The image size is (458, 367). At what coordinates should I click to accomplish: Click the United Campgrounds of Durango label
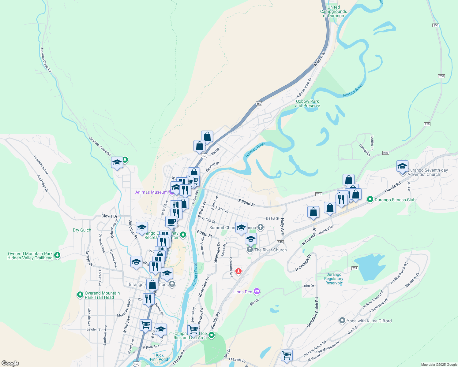333,11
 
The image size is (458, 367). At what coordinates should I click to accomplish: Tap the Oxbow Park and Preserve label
307,103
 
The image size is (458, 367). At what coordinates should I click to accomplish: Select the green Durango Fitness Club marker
370,200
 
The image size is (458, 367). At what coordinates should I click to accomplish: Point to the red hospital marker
238,271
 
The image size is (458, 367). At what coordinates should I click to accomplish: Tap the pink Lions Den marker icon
257,291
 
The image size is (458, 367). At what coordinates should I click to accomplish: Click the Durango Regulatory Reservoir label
334,279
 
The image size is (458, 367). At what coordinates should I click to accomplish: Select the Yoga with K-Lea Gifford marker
342,321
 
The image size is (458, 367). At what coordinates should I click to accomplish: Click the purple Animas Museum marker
172,192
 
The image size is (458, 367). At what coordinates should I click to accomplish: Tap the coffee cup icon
171,221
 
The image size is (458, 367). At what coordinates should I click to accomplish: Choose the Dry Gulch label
82,230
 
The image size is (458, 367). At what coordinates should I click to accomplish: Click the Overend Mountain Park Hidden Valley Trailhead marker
57,255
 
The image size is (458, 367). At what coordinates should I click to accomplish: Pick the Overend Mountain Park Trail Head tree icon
80,295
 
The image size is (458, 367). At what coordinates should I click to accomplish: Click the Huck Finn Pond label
159,357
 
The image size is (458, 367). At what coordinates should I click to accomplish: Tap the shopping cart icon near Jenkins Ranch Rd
287,355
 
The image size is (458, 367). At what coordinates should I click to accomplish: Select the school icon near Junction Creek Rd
117,163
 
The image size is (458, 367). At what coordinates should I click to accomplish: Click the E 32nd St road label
246,202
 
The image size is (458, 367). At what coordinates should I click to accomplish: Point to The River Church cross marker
250,250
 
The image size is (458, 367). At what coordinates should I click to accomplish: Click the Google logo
10,363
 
